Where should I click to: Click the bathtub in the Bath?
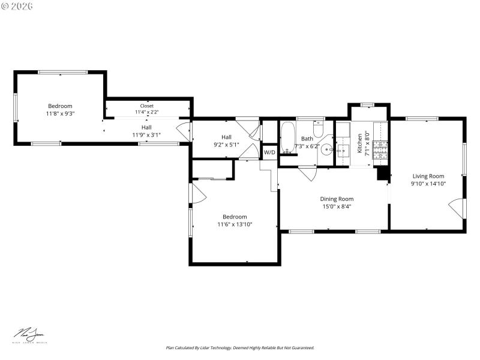[288, 137]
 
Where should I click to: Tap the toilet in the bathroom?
[319, 129]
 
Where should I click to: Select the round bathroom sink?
[327, 150]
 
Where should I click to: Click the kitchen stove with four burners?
[380, 152]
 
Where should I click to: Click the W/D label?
[269, 152]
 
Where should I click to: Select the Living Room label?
[427, 176]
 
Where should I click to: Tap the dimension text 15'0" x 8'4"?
[336, 206]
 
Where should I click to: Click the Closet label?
[146, 106]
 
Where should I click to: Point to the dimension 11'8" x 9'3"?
[60, 113]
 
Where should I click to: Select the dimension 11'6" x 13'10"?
[235, 224]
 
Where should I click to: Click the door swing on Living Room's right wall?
[457, 208]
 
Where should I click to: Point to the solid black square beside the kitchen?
[382, 173]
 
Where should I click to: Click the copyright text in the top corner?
[17, 5]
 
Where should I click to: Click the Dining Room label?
[336, 199]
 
